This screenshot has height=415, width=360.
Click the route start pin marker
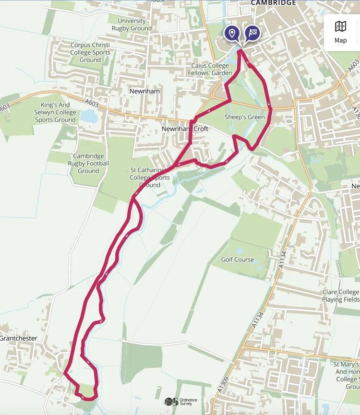pyautogui.click(x=232, y=33)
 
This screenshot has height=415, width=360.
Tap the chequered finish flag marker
pyautogui.click(x=252, y=33)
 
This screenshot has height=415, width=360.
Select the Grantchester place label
pyautogui.click(x=18, y=338)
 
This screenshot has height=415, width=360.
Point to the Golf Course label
pyautogui.click(x=237, y=260)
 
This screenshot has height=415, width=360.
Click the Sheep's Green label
pyautogui.click(x=244, y=117)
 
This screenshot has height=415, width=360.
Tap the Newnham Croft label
pyautogui.click(x=185, y=129)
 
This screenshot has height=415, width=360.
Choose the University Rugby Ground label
pyautogui.click(x=132, y=24)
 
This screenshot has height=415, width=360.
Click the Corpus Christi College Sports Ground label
pyautogui.click(x=90, y=52)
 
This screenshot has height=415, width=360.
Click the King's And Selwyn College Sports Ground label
pyautogui.click(x=55, y=112)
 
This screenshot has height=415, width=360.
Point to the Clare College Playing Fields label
pyautogui.click(x=341, y=296)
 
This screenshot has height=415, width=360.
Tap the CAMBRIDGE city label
pyautogui.click(x=274, y=3)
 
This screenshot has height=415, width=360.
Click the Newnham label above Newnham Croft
pyautogui.click(x=144, y=91)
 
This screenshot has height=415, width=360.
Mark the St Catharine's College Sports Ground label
pyautogui.click(x=150, y=177)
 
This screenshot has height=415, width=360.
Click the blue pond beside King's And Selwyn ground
pyautogui.click(x=88, y=116)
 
